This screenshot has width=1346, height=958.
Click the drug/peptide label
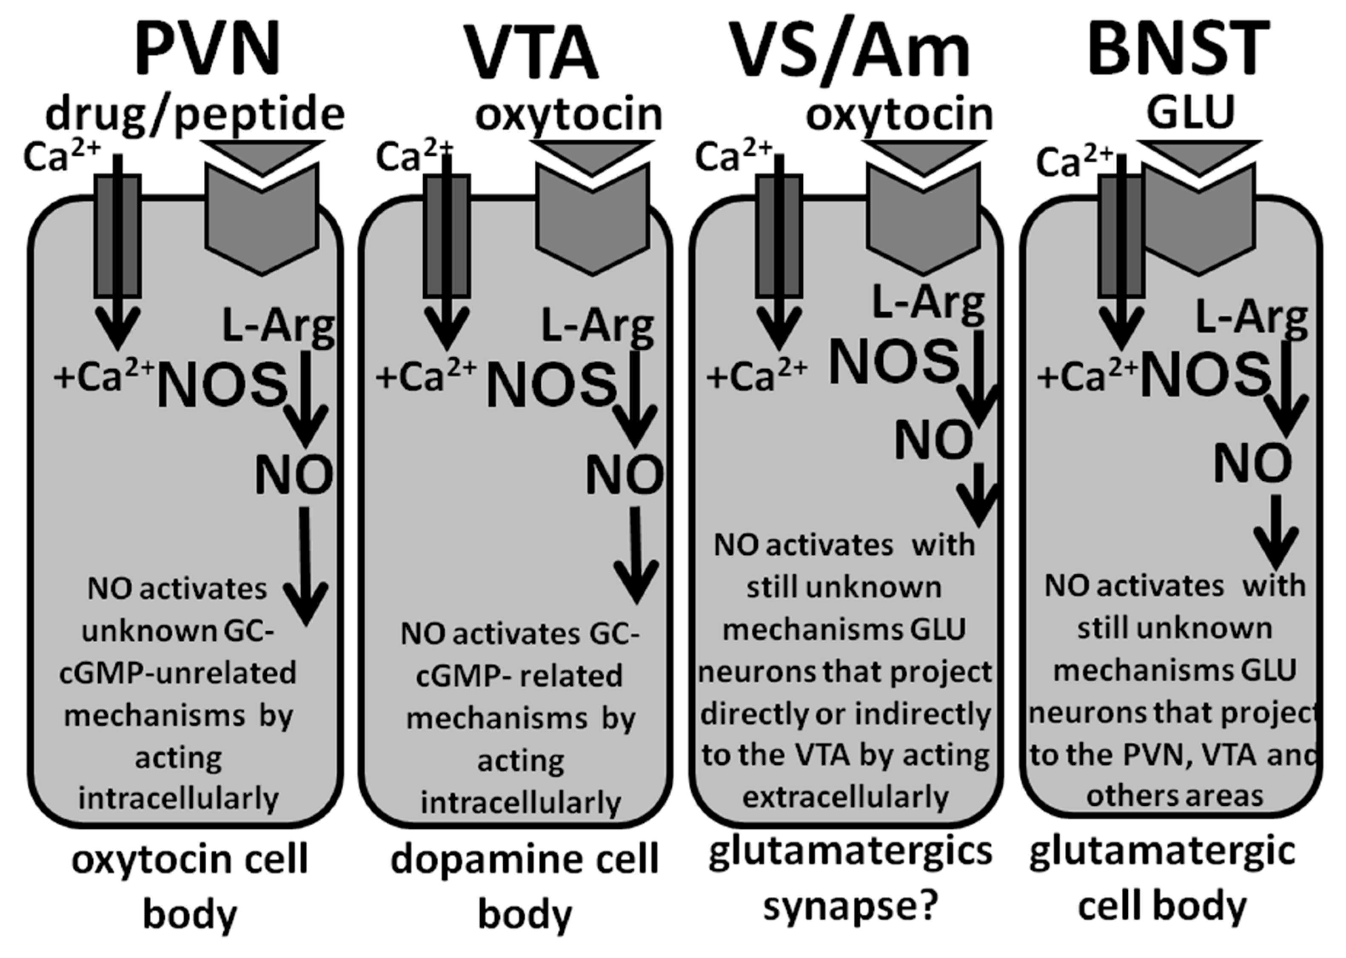click(x=195, y=115)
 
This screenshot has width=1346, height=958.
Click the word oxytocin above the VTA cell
click(x=569, y=115)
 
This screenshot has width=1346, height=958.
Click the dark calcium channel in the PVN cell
click(x=117, y=236)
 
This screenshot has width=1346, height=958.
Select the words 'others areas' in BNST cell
click(x=1174, y=796)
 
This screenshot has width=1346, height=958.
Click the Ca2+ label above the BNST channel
click(x=1073, y=162)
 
